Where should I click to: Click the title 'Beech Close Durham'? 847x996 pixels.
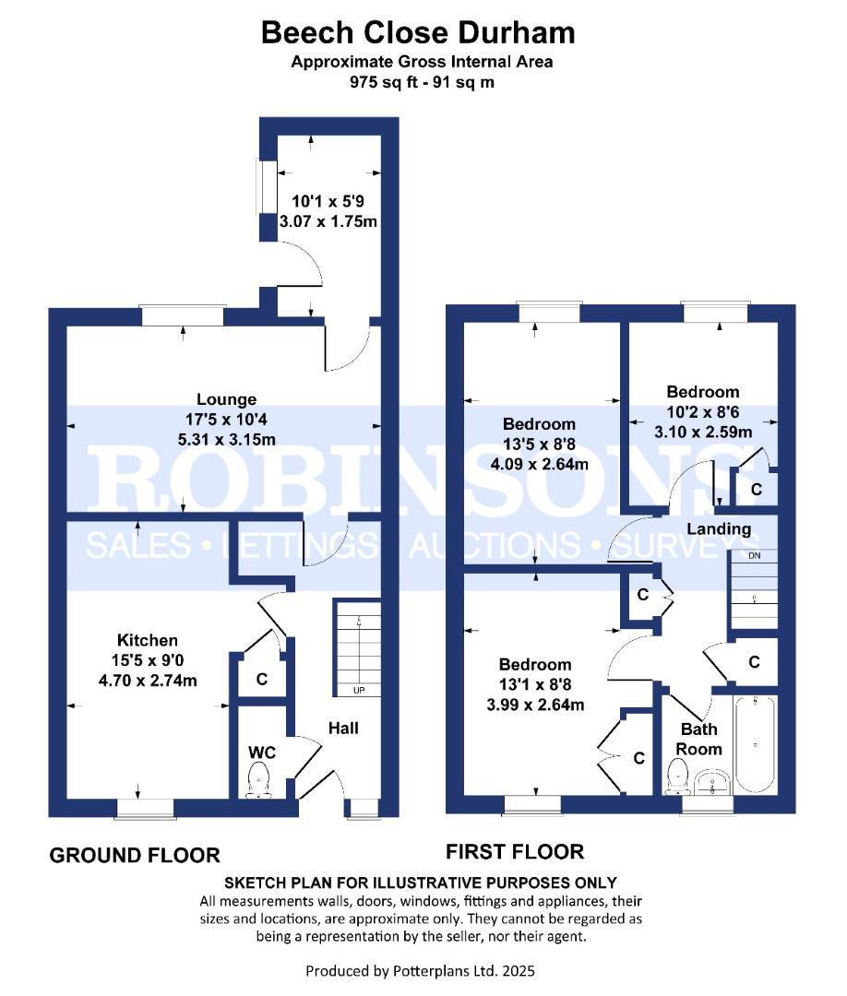click(418, 32)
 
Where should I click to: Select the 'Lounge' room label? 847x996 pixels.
click(225, 399)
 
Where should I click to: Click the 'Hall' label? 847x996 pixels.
click(343, 729)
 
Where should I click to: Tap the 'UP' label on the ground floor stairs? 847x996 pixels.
click(358, 690)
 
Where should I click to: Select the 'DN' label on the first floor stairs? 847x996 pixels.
click(754, 556)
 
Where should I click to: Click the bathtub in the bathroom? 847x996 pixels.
click(754, 745)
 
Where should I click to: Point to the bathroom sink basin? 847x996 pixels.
click(713, 783)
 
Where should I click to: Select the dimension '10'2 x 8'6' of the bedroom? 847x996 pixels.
click(703, 411)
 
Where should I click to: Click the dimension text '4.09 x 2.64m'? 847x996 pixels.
click(539, 464)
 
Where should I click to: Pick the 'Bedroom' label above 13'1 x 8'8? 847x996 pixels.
click(534, 664)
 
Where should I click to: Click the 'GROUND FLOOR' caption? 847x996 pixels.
click(134, 856)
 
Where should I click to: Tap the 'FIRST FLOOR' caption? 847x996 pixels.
click(514, 851)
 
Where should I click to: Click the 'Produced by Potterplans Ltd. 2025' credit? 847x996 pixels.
click(420, 970)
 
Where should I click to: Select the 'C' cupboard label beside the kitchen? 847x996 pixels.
click(261, 681)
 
